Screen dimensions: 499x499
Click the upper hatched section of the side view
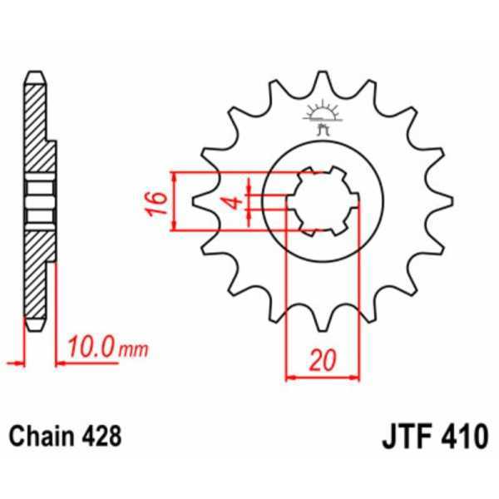coord(37,125)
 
